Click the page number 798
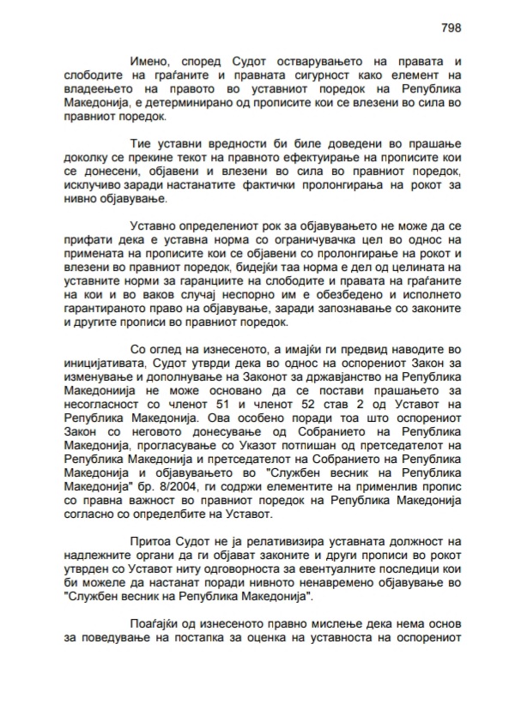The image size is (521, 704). tap(451, 27)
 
